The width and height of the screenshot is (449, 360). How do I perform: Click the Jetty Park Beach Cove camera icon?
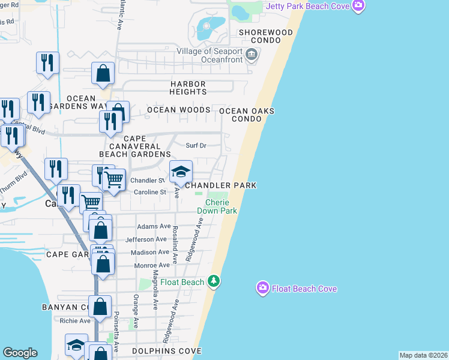(358, 6)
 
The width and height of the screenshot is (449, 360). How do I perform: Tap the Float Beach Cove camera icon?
(262, 289)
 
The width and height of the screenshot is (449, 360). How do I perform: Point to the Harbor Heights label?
(188, 88)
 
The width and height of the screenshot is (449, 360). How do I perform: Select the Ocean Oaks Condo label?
(247, 115)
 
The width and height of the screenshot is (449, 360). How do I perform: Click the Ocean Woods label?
(179, 110)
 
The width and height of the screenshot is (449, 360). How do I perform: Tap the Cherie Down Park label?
(217, 206)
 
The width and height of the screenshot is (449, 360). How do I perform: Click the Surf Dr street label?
(196, 145)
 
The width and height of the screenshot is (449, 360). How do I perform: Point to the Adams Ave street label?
(154, 226)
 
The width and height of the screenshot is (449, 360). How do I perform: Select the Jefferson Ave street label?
(146, 239)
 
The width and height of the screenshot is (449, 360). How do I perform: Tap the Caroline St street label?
(149, 192)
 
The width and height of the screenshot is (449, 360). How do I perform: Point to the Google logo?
(20, 353)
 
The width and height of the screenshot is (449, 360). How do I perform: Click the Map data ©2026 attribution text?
(423, 355)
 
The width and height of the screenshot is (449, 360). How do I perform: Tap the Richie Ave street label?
(74, 320)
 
